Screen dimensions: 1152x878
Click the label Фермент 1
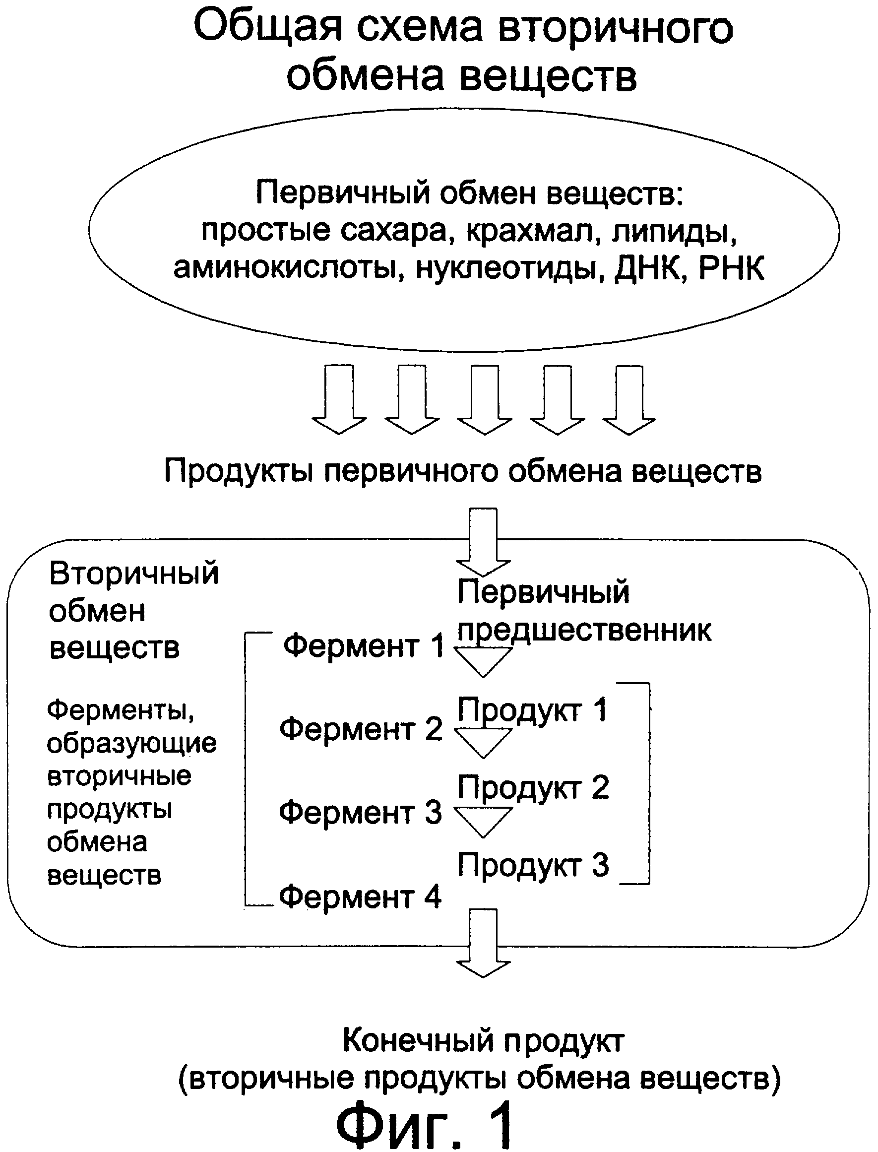pos(363,646)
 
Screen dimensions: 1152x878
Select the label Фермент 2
pos(361,729)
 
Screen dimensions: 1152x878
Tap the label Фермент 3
pos(360,812)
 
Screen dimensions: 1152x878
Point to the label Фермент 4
pos(360,897)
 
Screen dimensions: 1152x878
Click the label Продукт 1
pos(533,710)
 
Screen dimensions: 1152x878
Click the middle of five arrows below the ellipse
pos(484,400)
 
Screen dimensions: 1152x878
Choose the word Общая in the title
pos(267,27)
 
